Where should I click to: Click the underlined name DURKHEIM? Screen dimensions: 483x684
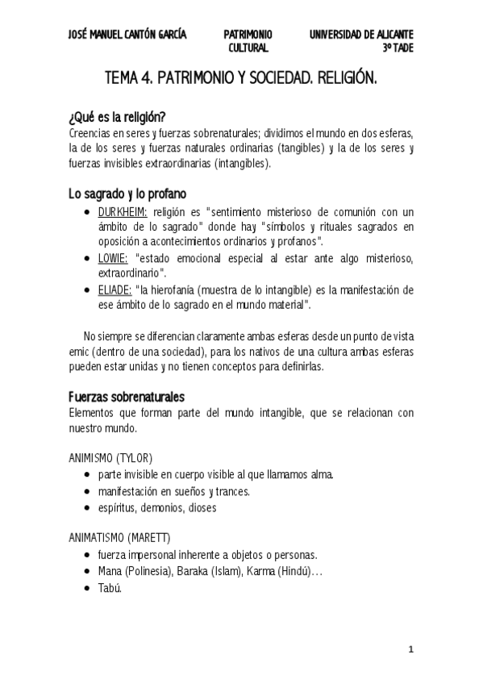[x=122, y=211]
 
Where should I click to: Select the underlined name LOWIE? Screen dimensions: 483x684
[x=113, y=257]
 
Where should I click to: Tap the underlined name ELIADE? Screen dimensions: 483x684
[x=115, y=288]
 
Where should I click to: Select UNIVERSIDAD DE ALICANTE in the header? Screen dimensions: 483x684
[x=362, y=35]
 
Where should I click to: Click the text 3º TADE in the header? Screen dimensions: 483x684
[x=398, y=48]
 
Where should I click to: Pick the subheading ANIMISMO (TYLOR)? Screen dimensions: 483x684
[x=110, y=457]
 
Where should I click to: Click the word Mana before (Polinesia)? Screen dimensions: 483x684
[x=110, y=572]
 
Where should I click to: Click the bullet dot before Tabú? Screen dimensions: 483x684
[x=86, y=589]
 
